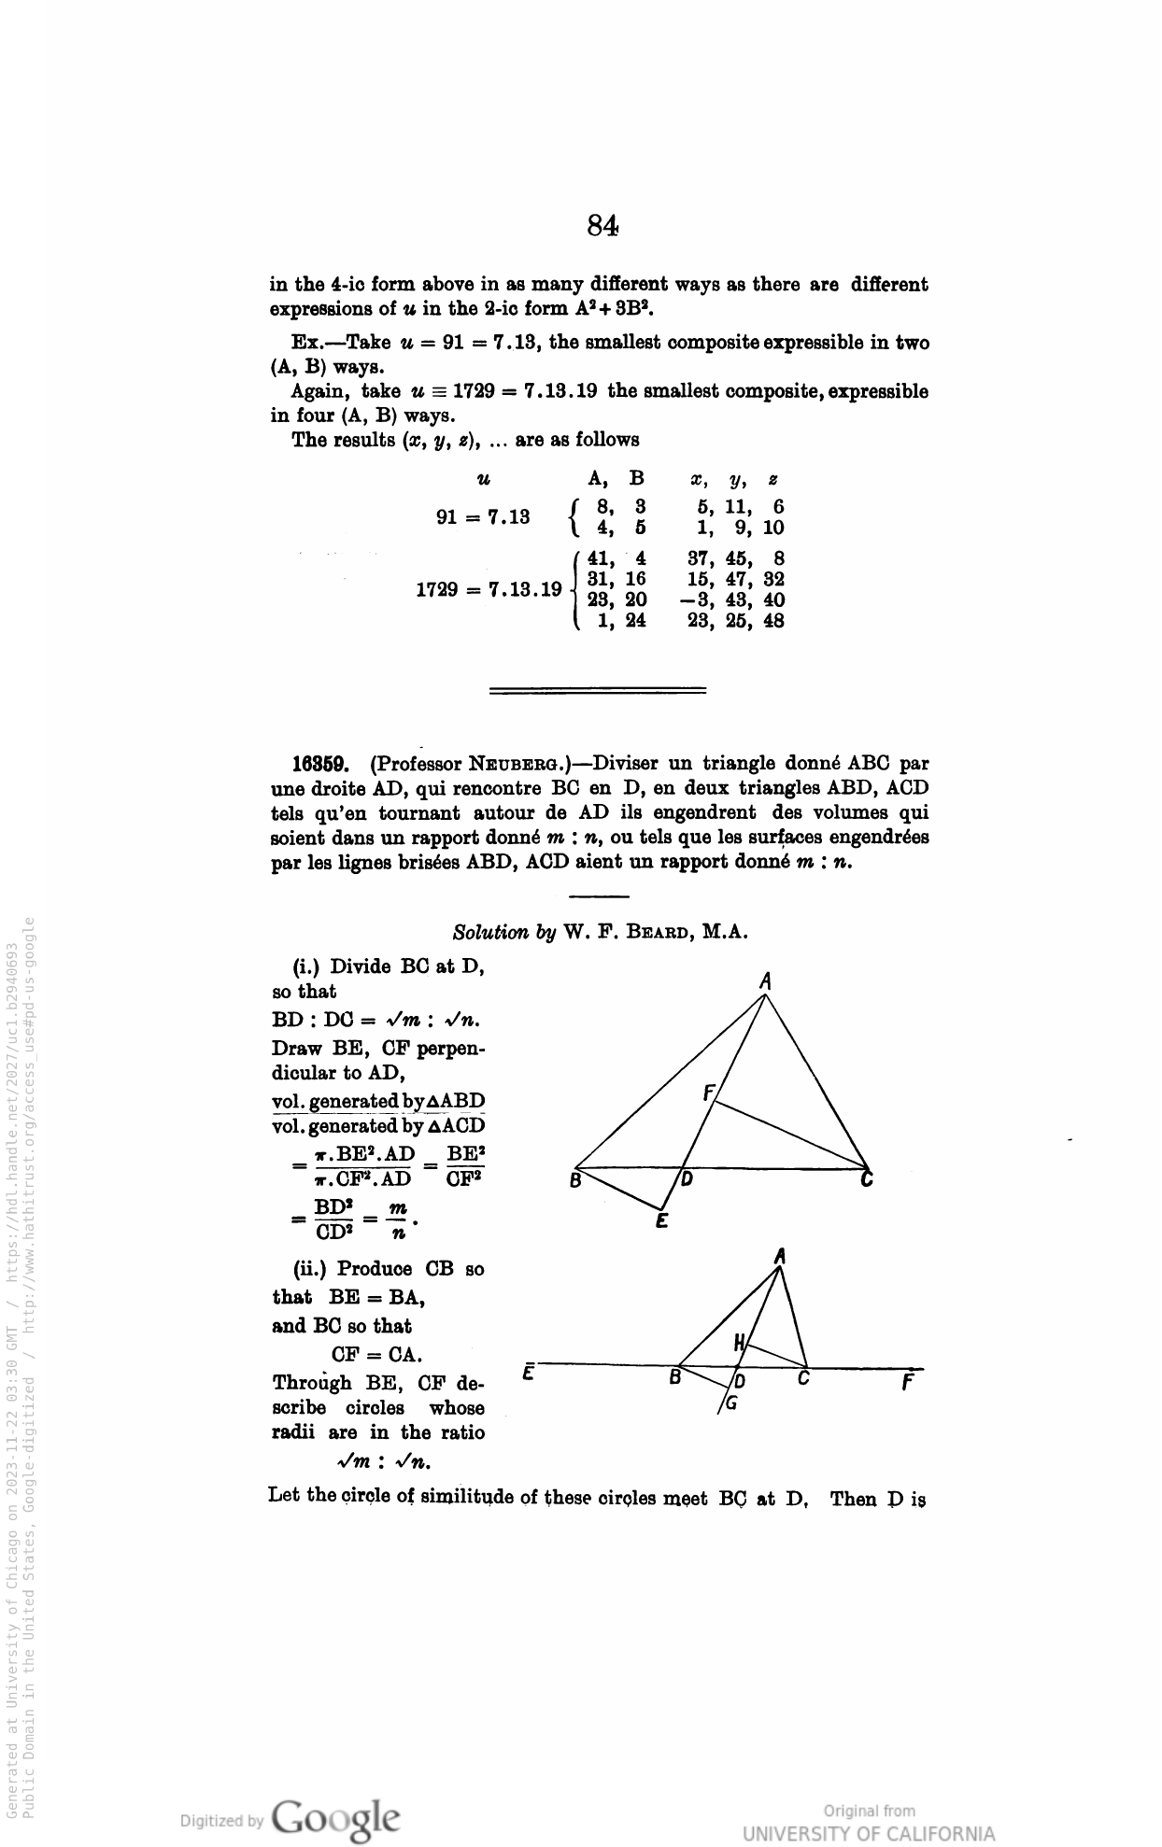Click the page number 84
602,225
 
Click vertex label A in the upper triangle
765,980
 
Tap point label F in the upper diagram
708,1093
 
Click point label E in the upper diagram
660,1220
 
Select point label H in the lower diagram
739,1344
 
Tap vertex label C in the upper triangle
867,1180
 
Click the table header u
483,480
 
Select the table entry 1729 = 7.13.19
489,590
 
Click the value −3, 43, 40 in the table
733,600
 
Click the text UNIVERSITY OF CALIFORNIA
869,1833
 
